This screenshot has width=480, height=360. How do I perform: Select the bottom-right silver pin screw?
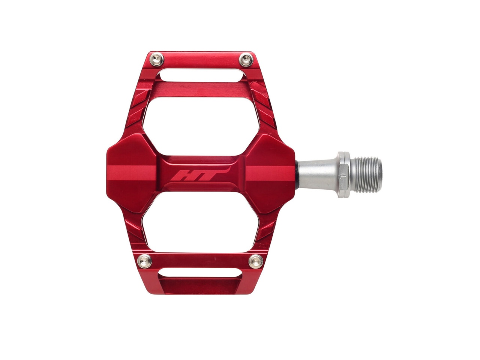tap(256, 261)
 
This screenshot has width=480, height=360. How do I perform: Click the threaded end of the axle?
tap(368, 175)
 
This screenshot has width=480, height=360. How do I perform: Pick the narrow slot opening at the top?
tap(201, 75)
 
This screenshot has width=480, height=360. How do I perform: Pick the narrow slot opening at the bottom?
tap(200, 273)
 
